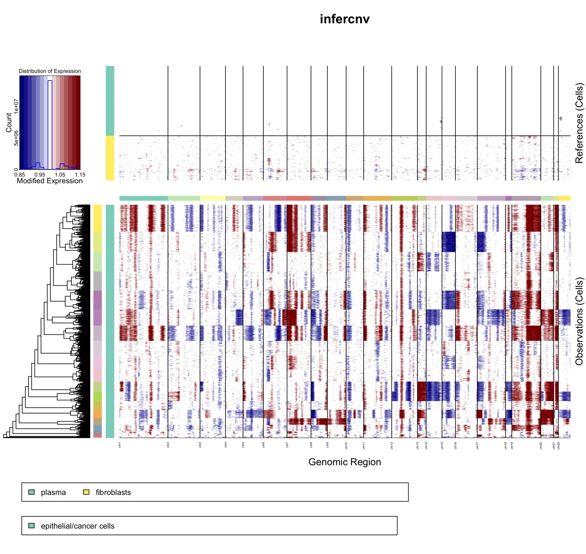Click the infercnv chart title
[x=345, y=19]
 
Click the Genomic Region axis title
[x=345, y=462]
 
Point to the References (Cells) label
[x=579, y=123]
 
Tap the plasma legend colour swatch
[x=32, y=492]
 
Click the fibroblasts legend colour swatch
[x=86, y=492]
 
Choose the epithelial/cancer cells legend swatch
[x=32, y=525]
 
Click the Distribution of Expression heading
[x=50, y=71]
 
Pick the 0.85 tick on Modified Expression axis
[x=20, y=175]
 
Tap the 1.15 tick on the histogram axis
[x=80, y=175]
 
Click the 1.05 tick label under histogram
[x=60, y=175]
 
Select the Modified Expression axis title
[x=50, y=181]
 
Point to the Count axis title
[x=9, y=122]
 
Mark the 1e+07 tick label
[x=16, y=106]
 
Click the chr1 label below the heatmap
[x=120, y=445]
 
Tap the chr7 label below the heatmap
[x=287, y=445]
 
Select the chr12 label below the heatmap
[x=392, y=445]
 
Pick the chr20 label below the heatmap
[x=541, y=445]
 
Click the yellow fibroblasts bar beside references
[x=110, y=158]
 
